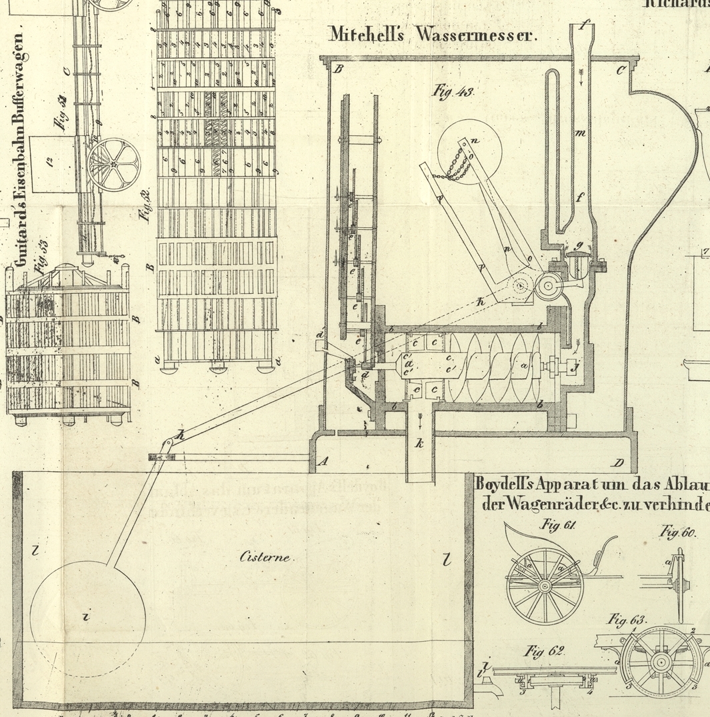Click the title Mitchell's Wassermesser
click(432, 34)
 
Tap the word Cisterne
click(265, 557)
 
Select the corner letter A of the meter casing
click(324, 460)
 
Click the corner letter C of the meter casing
click(621, 70)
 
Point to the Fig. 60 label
click(677, 532)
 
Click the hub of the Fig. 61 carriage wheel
click(545, 586)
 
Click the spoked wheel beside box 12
click(114, 164)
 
